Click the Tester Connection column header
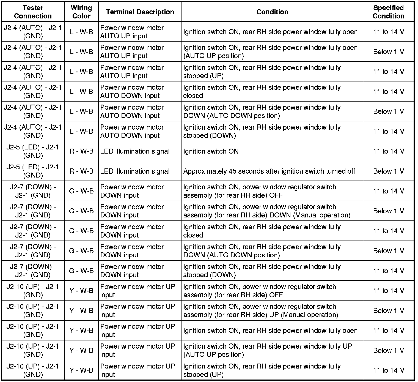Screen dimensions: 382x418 tap(33, 12)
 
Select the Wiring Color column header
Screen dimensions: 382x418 tap(81, 12)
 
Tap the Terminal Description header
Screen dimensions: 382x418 tap(140, 12)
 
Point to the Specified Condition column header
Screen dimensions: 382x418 tap(388, 12)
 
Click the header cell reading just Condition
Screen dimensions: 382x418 tap(272, 12)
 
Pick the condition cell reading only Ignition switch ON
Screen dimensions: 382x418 tap(211, 151)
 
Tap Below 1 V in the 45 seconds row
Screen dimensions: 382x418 tap(388, 171)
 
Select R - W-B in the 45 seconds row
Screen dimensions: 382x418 tap(81, 171)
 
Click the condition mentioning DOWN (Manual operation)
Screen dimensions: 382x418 tap(267, 211)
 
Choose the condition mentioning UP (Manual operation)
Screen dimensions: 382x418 tap(261, 311)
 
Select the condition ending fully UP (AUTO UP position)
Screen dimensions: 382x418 tap(267, 350)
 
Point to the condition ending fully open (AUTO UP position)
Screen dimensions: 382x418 tap(270, 52)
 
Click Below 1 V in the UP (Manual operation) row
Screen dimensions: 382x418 tap(388, 311)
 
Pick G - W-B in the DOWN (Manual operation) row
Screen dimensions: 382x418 tap(81, 211)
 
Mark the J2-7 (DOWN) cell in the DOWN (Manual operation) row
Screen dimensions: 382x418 tap(33, 211)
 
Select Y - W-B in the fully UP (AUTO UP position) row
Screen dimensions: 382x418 tap(81, 350)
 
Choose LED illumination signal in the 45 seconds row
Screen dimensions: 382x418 tap(135, 171)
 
